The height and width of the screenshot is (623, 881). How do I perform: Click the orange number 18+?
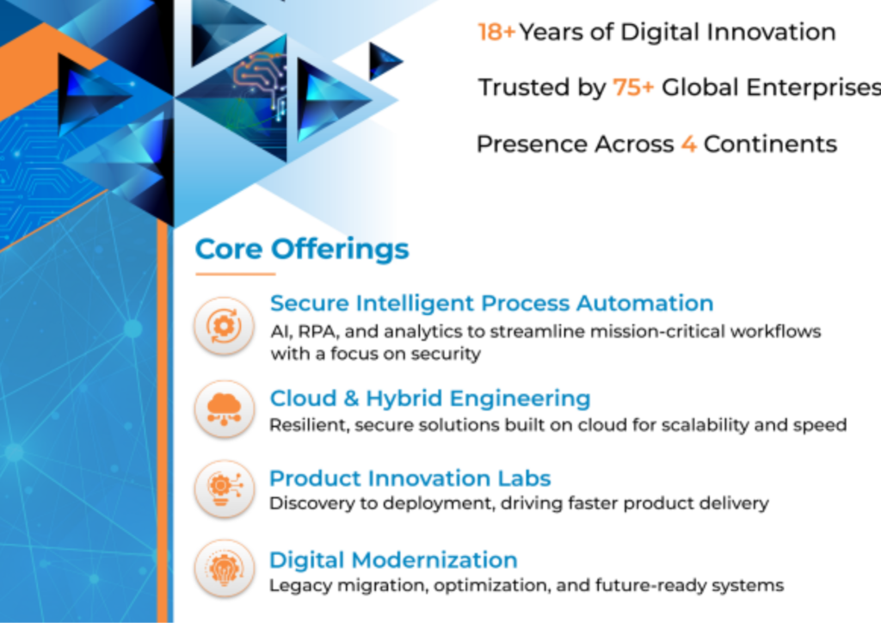(x=496, y=32)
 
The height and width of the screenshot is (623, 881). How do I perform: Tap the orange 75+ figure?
(x=633, y=88)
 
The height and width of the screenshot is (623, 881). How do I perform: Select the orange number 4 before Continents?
(x=689, y=145)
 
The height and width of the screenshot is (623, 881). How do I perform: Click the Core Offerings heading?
(x=302, y=250)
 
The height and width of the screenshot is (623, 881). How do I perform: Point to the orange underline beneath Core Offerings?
(x=236, y=274)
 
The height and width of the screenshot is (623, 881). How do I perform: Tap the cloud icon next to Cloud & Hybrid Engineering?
(x=225, y=409)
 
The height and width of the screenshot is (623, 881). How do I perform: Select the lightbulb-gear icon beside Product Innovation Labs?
(x=225, y=488)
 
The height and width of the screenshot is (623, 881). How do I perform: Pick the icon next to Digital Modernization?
(x=225, y=568)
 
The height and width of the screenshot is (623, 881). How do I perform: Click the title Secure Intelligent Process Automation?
(x=491, y=304)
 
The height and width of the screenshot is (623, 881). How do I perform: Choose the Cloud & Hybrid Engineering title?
(x=430, y=399)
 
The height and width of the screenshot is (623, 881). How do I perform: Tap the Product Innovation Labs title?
(x=410, y=478)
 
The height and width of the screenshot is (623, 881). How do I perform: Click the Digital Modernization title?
(x=393, y=560)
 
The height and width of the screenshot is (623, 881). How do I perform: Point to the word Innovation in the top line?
(x=772, y=32)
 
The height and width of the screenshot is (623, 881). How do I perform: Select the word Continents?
(x=770, y=145)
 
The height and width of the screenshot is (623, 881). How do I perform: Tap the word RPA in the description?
(x=318, y=332)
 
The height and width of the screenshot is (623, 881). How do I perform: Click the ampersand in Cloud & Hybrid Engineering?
(x=351, y=398)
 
